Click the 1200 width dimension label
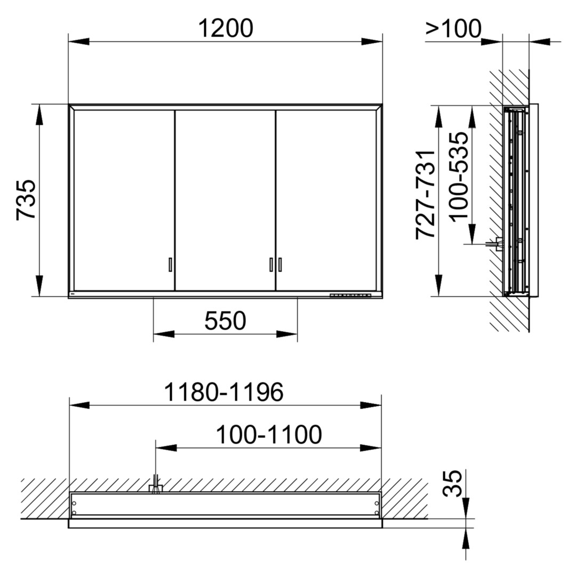[x=226, y=28]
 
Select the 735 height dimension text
[x=27, y=200]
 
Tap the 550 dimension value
[x=225, y=321]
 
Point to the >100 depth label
[x=453, y=28]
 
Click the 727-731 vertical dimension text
[x=426, y=195]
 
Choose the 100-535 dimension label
[x=459, y=177]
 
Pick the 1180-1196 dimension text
[x=223, y=392]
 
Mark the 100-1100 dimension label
[x=268, y=435]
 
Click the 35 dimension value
[x=452, y=483]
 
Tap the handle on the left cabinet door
[x=170, y=265]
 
